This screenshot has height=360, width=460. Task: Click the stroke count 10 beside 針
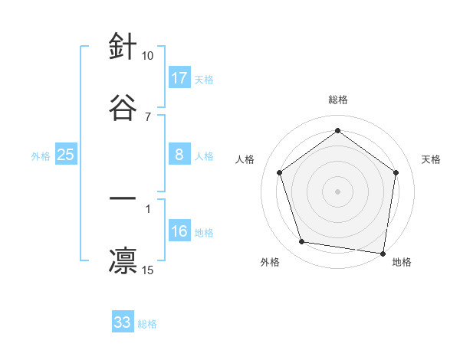(148, 56)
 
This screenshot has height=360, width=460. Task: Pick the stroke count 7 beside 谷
(148, 116)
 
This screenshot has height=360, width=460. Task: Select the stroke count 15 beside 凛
(148, 270)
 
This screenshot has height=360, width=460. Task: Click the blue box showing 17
(179, 78)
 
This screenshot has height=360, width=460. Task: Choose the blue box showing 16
(179, 232)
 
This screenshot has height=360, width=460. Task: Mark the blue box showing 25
(66, 155)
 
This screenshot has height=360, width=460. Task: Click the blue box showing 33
(123, 322)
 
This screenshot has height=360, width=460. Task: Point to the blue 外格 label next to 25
(41, 156)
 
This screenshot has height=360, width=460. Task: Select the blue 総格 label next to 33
(147, 324)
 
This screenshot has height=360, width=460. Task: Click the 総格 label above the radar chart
(338, 100)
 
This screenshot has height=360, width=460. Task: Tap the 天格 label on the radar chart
(432, 159)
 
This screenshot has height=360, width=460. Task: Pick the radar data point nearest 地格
(383, 253)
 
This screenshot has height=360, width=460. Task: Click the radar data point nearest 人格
(279, 172)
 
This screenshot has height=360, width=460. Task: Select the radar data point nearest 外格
(302, 242)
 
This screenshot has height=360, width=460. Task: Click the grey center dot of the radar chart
(338, 191)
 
